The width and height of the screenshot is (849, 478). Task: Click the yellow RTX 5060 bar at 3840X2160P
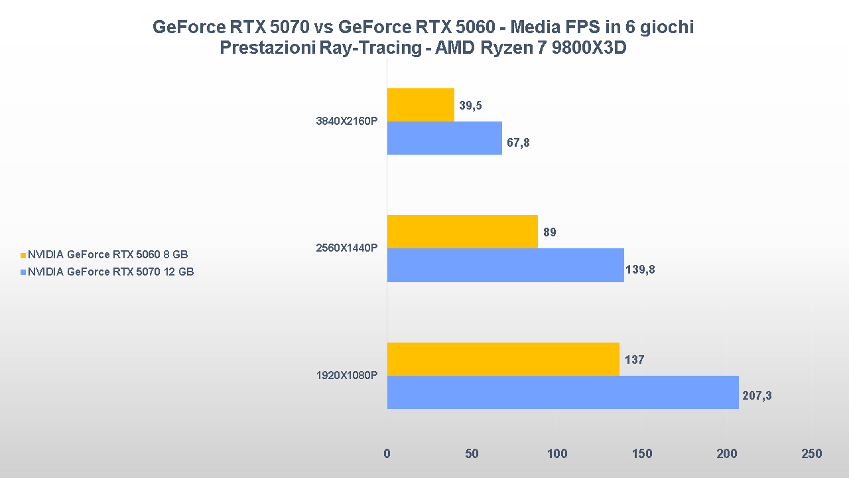421,105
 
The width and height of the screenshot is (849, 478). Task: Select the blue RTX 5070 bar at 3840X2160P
444,138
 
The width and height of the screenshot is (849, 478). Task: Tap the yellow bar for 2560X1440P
462,232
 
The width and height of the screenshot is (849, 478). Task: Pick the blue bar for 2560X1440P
505,265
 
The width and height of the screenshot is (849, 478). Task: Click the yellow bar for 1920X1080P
503,359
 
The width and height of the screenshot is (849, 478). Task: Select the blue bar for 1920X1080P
562,392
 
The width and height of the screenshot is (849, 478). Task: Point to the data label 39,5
470,106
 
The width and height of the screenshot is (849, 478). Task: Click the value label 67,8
518,142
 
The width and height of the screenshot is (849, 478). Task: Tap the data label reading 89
549,232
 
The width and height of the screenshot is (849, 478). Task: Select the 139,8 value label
640,270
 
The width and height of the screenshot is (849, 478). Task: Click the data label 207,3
757,396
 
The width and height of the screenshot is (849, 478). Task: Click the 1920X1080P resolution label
346,376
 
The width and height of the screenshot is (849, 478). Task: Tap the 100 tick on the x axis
557,454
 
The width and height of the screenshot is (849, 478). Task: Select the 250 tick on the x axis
811,454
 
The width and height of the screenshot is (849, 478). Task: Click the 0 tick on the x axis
387,454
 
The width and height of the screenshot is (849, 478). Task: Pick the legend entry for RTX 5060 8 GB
107,254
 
